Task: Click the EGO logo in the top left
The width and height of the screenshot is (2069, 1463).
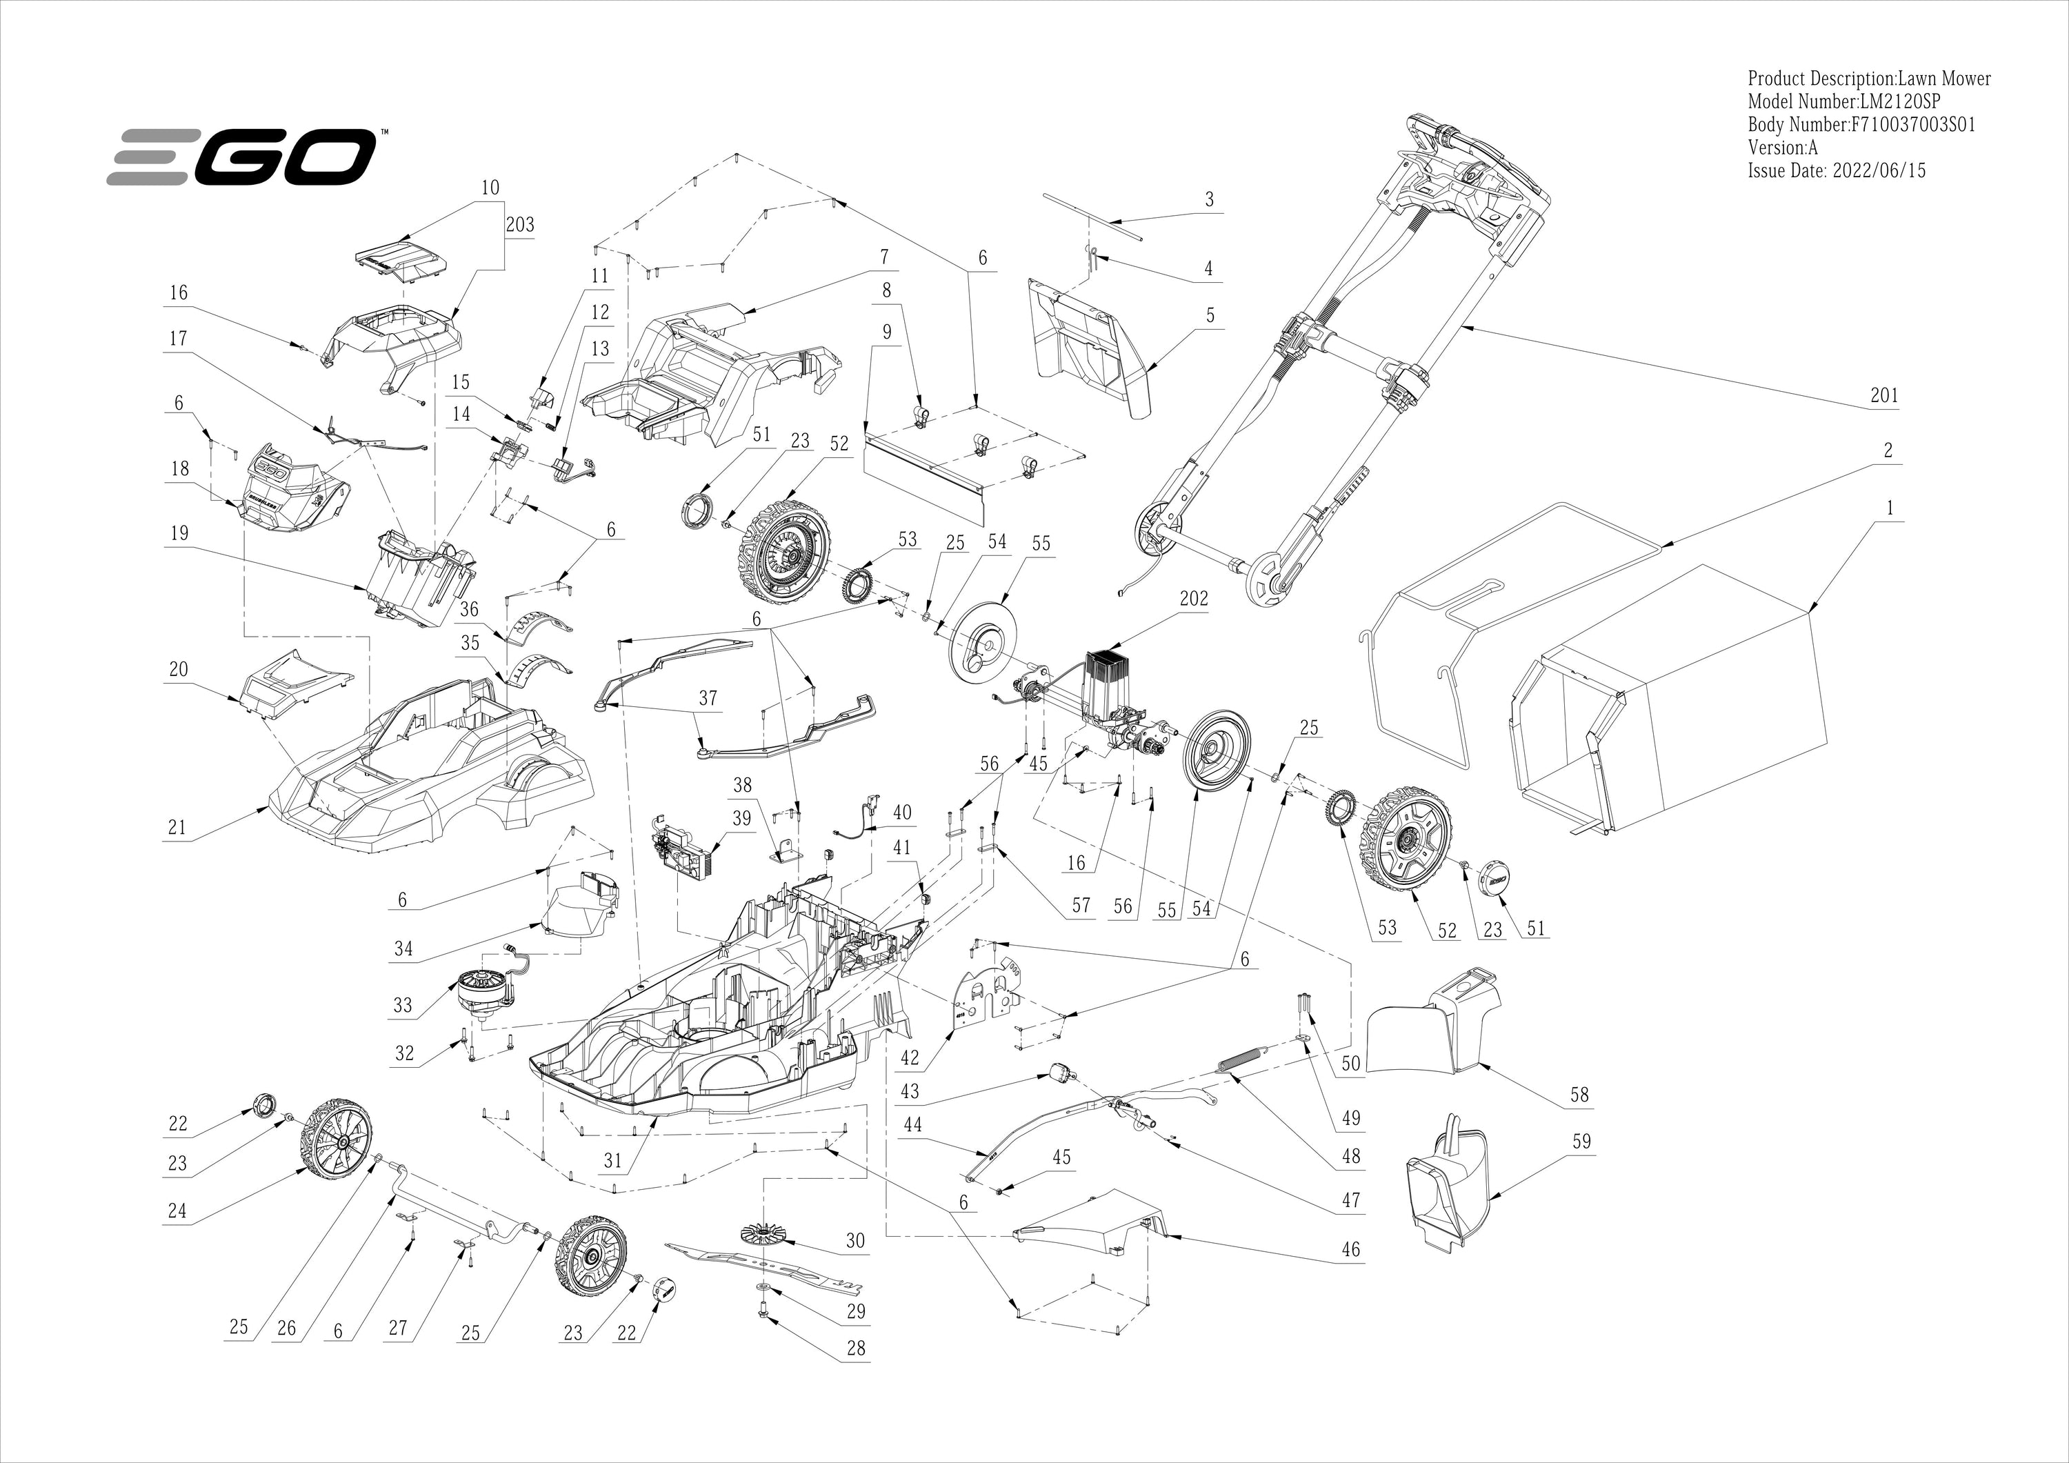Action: tap(241, 157)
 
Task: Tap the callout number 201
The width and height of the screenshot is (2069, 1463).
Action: tap(1883, 395)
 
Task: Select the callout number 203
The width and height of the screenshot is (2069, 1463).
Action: tap(520, 224)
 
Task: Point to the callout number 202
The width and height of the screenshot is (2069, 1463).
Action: tap(1194, 599)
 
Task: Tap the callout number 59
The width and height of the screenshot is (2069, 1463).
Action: tap(1581, 1141)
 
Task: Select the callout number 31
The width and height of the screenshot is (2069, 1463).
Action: tap(613, 1160)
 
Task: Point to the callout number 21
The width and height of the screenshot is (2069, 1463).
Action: tap(177, 828)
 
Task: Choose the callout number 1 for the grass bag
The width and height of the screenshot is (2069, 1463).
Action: tap(1890, 508)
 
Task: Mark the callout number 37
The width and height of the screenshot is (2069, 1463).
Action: tap(708, 699)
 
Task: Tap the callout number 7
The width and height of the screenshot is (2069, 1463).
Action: tap(884, 257)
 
